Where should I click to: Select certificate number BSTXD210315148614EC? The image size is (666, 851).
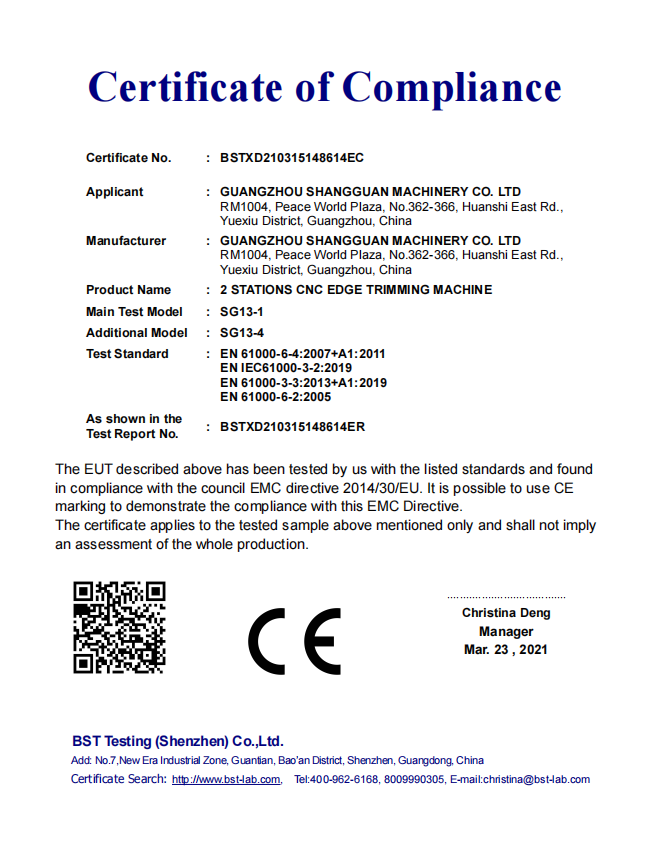tap(291, 158)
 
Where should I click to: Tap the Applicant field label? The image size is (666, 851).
tap(114, 192)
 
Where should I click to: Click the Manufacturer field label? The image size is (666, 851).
tap(126, 241)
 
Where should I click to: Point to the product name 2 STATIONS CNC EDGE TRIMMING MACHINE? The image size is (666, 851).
tap(355, 290)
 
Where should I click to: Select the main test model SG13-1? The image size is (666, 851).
tap(242, 312)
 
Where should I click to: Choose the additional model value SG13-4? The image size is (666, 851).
tap(242, 333)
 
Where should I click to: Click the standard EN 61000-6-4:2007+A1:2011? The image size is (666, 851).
tap(302, 354)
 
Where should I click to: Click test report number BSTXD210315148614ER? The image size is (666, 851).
tap(292, 427)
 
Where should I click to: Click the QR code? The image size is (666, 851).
tap(119, 627)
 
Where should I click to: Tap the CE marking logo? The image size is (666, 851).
tap(294, 641)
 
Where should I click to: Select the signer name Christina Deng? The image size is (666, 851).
tap(506, 613)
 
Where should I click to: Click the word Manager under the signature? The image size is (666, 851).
tap(506, 632)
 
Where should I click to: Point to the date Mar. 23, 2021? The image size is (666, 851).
tap(506, 650)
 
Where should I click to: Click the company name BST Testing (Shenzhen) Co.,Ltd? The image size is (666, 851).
tap(178, 742)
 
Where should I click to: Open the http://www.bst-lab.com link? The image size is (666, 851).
tap(226, 780)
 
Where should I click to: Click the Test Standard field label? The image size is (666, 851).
tap(127, 354)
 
